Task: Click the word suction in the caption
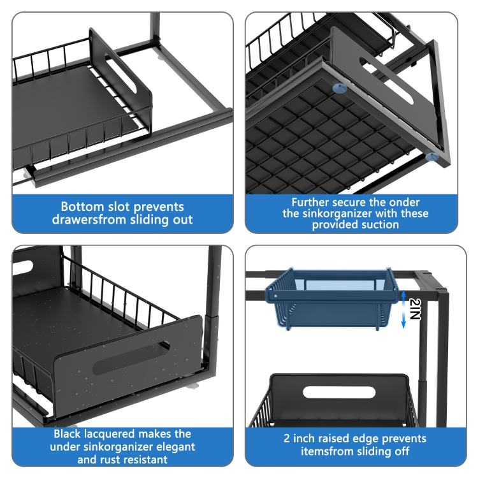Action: (x=380, y=225)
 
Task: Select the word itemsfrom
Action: (x=331, y=451)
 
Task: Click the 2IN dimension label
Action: (x=415, y=308)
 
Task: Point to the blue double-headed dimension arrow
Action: (x=403, y=309)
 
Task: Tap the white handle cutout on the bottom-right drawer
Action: (x=339, y=392)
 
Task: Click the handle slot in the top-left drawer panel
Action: (x=120, y=73)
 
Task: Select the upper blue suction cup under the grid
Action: (x=340, y=89)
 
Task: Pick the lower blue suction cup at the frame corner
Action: (x=431, y=157)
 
